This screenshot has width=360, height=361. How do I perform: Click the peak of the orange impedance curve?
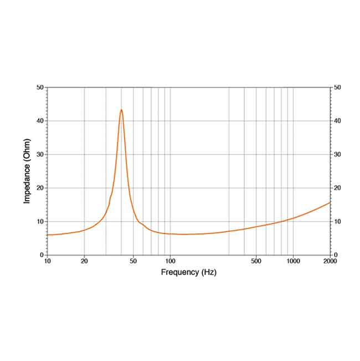click(x=121, y=110)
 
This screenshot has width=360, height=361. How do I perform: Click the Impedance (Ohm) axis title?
click(x=27, y=170)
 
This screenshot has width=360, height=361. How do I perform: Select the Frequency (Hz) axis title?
click(x=188, y=272)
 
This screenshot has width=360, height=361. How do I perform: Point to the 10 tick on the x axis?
click(x=47, y=261)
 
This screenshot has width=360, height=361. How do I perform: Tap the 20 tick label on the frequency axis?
click(x=84, y=261)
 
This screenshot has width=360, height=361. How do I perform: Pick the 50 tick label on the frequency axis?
click(x=133, y=261)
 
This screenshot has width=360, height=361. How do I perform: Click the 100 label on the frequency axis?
click(x=170, y=261)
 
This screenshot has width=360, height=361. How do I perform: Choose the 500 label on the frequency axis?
click(x=256, y=261)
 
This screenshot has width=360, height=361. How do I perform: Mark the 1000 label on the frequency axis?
click(x=293, y=261)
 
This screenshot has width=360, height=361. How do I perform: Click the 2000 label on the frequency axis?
click(x=330, y=261)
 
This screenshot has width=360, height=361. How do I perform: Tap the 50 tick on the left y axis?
click(x=40, y=88)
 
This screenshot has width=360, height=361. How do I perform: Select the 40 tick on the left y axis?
click(x=40, y=121)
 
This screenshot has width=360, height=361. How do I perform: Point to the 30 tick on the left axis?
click(x=40, y=154)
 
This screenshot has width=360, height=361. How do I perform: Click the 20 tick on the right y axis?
click(x=338, y=188)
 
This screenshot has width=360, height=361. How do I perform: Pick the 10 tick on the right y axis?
click(x=338, y=221)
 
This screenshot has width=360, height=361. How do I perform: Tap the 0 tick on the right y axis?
click(x=336, y=255)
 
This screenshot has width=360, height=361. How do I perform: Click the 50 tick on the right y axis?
click(x=338, y=88)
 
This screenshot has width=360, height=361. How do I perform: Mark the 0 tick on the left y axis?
click(x=42, y=255)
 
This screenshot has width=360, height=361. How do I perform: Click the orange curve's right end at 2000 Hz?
click(x=330, y=202)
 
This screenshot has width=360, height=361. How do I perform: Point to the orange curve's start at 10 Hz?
click(x=48, y=235)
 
